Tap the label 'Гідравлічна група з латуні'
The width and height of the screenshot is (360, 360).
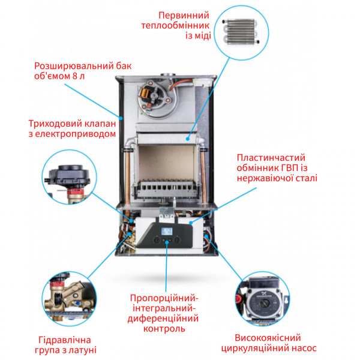pyautogui.click(x=65, y=344)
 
